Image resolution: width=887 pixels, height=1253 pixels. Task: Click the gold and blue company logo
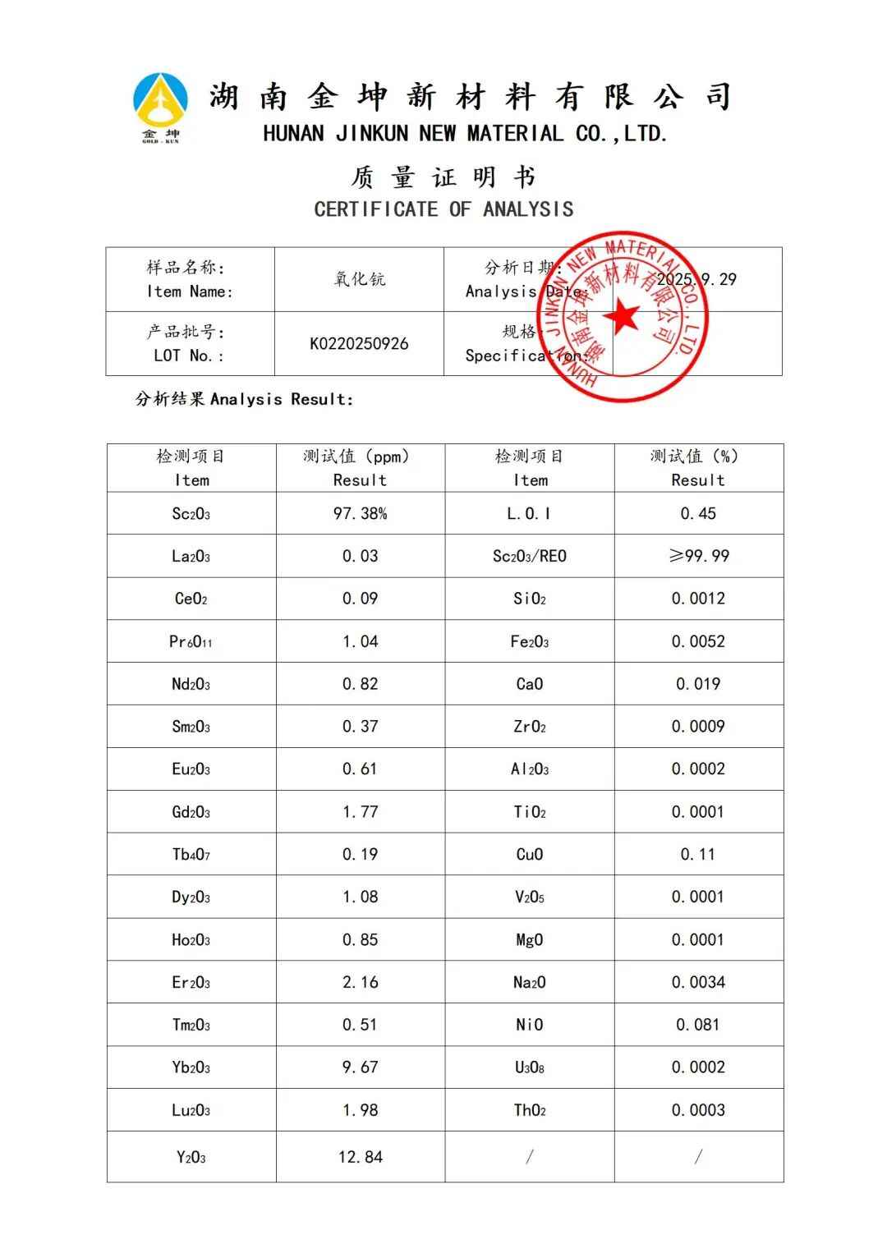pyautogui.click(x=160, y=105)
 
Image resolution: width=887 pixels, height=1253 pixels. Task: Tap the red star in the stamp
pyautogui.click(x=622, y=317)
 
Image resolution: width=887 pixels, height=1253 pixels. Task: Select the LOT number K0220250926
pyautogui.click(x=359, y=344)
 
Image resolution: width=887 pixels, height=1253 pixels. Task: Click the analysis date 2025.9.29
pyautogui.click(x=697, y=279)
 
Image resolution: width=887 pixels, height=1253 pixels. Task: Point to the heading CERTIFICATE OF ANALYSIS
pyautogui.click(x=443, y=209)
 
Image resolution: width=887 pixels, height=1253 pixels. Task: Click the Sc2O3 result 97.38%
pyautogui.click(x=360, y=514)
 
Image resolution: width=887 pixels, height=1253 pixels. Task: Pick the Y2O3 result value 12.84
pyautogui.click(x=360, y=1157)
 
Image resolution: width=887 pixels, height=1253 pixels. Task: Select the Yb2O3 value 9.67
pyautogui.click(x=360, y=1067)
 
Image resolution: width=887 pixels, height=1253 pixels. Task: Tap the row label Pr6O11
pyautogui.click(x=191, y=641)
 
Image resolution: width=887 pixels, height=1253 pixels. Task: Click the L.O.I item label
pyautogui.click(x=529, y=514)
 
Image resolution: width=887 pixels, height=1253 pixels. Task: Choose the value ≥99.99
pyautogui.click(x=698, y=557)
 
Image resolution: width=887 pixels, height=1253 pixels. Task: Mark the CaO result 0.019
pyautogui.click(x=698, y=684)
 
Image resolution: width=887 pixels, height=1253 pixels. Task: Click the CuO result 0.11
pyautogui.click(x=698, y=855)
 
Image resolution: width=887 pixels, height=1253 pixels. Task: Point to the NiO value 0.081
pyautogui.click(x=698, y=1025)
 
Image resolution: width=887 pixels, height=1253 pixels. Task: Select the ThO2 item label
pyautogui.click(x=529, y=1111)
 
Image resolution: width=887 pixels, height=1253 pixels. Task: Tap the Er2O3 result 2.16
pyautogui.click(x=360, y=982)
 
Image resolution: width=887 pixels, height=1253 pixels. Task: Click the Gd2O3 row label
pyautogui.click(x=191, y=812)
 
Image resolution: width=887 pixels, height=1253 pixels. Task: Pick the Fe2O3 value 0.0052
pyautogui.click(x=698, y=641)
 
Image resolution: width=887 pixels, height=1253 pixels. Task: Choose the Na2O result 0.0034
pyautogui.click(x=698, y=982)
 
